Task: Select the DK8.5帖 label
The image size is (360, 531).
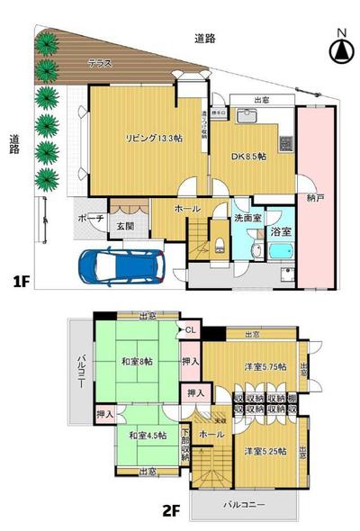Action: [250, 156]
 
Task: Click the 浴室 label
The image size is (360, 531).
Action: [280, 232]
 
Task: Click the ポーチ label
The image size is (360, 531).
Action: [90, 217]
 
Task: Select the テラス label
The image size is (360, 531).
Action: [100, 63]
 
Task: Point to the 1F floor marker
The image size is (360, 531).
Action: [22, 282]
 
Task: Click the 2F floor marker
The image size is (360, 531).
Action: [172, 509]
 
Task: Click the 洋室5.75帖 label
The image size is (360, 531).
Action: [264, 366]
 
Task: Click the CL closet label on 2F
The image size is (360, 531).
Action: [190, 330]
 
